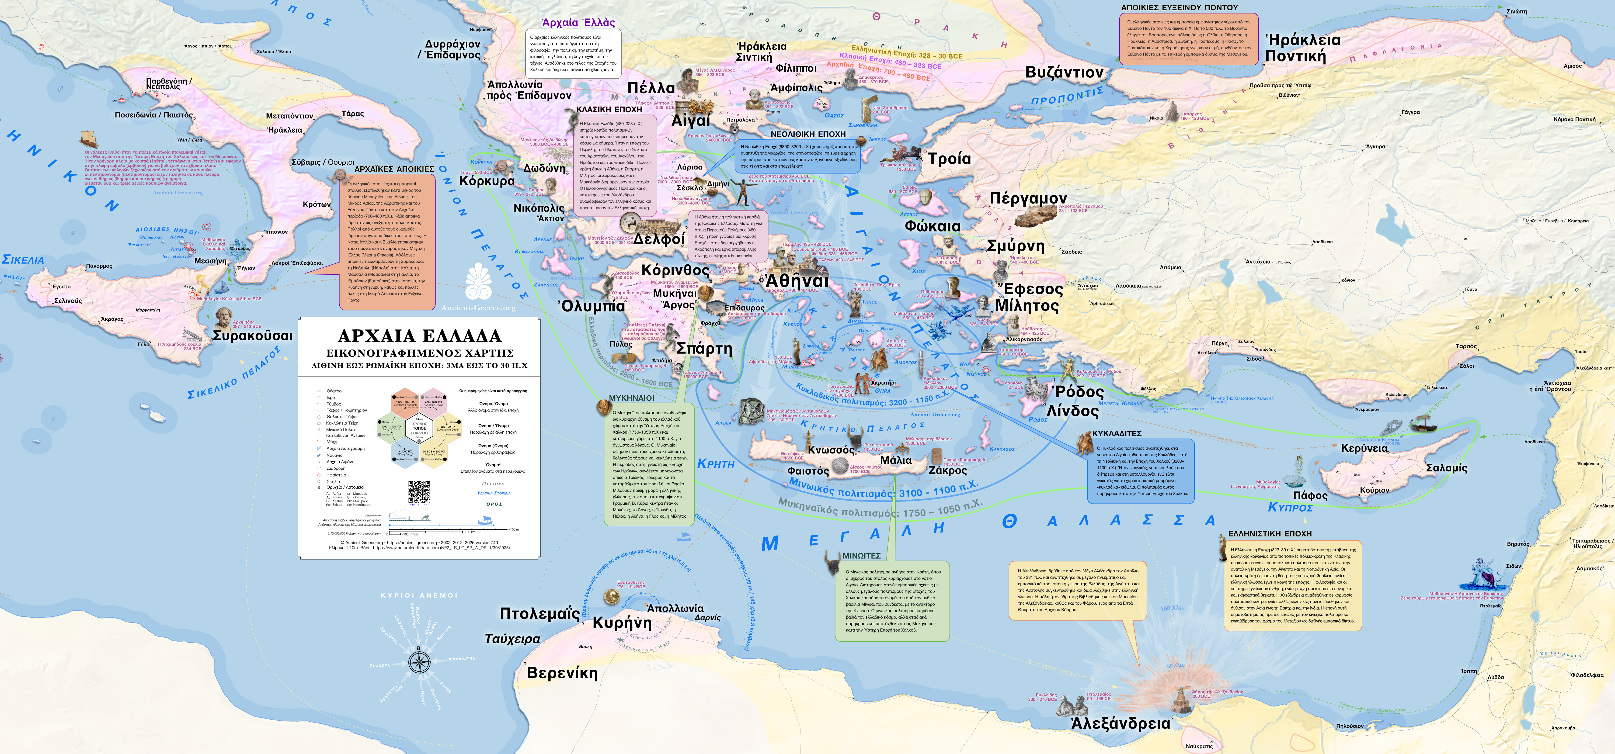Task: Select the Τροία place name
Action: (949, 159)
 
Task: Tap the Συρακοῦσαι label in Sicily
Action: (253, 336)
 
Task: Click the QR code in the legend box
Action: (419, 492)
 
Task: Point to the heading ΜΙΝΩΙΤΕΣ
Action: (861, 556)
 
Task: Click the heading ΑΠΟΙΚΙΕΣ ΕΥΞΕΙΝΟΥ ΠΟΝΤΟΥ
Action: (1179, 8)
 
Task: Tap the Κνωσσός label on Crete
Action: (831, 450)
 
